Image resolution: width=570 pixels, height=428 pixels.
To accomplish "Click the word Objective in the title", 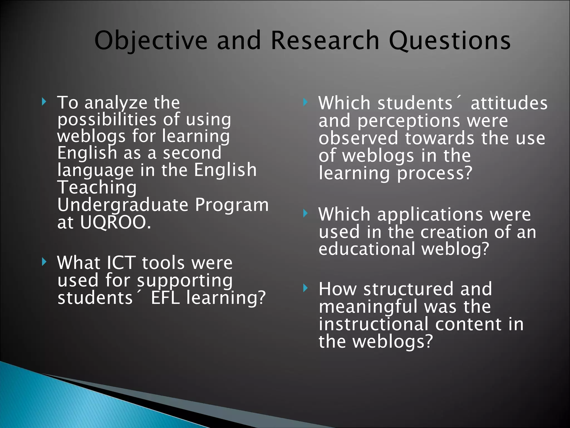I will pyautogui.click(x=151, y=41).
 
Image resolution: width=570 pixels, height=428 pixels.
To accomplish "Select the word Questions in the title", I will pyautogui.click(x=449, y=41).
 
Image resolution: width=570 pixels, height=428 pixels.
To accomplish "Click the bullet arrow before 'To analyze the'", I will pyautogui.click(x=43, y=102).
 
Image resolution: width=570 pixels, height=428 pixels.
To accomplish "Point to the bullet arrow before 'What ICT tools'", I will pyautogui.click(x=43, y=262).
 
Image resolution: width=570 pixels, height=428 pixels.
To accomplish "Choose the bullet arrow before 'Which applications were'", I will pyautogui.click(x=305, y=213).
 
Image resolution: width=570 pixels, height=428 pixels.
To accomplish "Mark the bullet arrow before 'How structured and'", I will pyautogui.click(x=305, y=288).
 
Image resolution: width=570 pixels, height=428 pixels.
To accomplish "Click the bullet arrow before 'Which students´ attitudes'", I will pyautogui.click(x=305, y=102).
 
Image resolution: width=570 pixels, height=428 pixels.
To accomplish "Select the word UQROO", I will pyautogui.click(x=116, y=222).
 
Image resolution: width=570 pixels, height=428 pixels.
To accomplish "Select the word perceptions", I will pyautogui.click(x=409, y=121).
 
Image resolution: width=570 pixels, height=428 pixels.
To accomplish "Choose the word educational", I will pyautogui.click(x=367, y=249).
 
